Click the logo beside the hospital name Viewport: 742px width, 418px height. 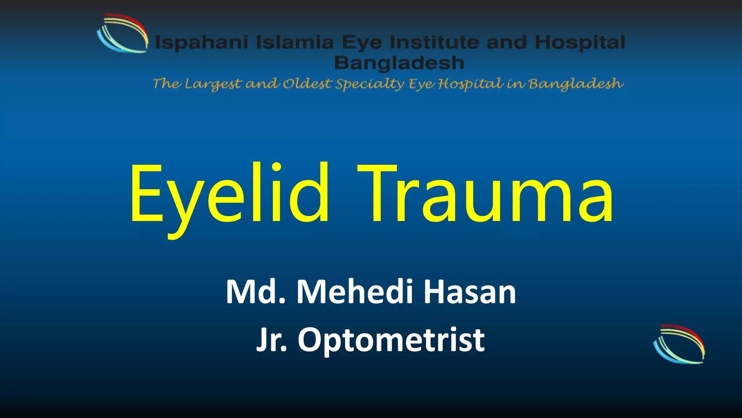coord(122,33)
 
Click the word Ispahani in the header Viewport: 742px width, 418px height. coord(201,42)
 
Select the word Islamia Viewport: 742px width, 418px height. coord(295,42)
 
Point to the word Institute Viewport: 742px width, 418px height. coord(435,42)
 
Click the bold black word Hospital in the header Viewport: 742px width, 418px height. coord(580,42)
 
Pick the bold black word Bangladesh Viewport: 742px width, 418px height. coord(399,63)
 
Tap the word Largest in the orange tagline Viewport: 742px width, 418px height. coord(213,84)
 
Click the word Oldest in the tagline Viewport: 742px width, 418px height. coord(307,84)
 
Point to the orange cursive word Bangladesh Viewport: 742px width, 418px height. coord(576,84)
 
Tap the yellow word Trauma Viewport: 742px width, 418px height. coord(485,194)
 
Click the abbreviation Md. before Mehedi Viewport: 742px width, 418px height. coord(255,292)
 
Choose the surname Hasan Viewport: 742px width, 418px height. coord(470,292)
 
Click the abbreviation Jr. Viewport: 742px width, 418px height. coord(272,340)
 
